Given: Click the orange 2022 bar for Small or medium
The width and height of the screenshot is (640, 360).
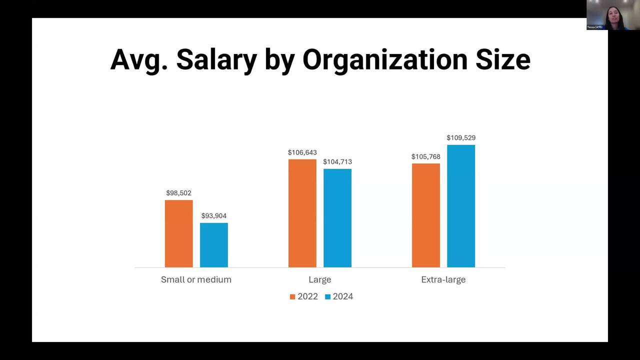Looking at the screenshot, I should pyautogui.click(x=178, y=233).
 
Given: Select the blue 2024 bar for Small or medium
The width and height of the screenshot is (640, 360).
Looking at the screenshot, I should pyautogui.click(x=214, y=245).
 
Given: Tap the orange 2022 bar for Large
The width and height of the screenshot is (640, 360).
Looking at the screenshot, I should pyautogui.click(x=302, y=213).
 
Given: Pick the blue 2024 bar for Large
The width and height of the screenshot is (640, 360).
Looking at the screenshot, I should pyautogui.click(x=337, y=218).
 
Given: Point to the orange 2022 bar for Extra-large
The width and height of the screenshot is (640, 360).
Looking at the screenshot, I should pyautogui.click(x=426, y=215).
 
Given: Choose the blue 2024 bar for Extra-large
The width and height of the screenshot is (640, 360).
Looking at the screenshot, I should pyautogui.click(x=461, y=206).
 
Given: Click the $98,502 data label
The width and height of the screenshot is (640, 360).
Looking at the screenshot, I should pyautogui.click(x=178, y=193).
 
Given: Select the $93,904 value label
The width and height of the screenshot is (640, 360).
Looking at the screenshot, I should pyautogui.click(x=214, y=216).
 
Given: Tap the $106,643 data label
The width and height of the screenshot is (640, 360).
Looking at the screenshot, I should pyautogui.click(x=302, y=152).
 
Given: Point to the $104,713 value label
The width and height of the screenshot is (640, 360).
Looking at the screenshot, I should pyautogui.click(x=337, y=162).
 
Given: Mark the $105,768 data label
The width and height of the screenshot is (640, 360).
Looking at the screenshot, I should pyautogui.click(x=426, y=157).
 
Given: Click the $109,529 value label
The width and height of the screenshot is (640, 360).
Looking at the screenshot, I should pyautogui.click(x=461, y=138).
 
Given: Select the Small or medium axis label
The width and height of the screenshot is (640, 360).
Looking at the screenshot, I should pyautogui.click(x=196, y=279).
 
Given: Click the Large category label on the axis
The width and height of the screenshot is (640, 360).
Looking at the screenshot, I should pyautogui.click(x=320, y=279).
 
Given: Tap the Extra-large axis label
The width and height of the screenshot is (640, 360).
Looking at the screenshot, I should pyautogui.click(x=443, y=279).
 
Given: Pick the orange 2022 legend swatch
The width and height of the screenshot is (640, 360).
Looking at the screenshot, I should pyautogui.click(x=292, y=296).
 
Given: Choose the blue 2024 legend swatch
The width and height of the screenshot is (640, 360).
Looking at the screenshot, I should pyautogui.click(x=327, y=296).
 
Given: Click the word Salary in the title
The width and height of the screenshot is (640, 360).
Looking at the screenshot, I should pyautogui.click(x=216, y=59).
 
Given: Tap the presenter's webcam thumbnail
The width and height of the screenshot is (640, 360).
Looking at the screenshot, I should pyautogui.click(x=613, y=15).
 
